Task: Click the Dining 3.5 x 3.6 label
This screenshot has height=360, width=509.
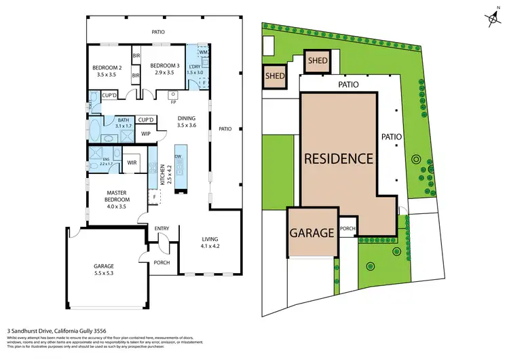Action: click(186, 121)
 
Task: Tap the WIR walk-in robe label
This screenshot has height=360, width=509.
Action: click(133, 162)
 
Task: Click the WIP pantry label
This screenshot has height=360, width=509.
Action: click(145, 134)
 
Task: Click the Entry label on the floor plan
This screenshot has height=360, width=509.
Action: click(162, 228)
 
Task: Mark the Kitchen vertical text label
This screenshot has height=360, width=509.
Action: click(163, 176)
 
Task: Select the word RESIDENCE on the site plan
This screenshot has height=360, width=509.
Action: click(339, 159)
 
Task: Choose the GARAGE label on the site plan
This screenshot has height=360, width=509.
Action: click(312, 233)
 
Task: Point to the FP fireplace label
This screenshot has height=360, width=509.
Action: click(173, 102)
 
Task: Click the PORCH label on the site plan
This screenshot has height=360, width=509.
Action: click(347, 229)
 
